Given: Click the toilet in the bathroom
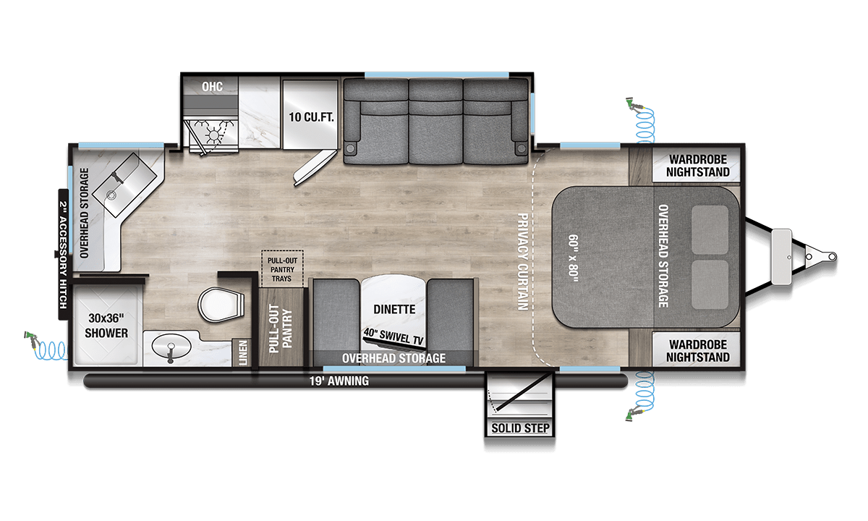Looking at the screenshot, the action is pos(221,305).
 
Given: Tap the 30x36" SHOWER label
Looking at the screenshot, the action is pos(106,326).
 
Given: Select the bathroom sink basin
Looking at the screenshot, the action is pos(171,346).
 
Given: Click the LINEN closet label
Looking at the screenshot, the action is pos(242,353).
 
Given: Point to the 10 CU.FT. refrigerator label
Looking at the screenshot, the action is pos(311,117).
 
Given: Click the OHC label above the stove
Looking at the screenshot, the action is pos(212,86).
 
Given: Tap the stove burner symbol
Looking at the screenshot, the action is pos(213,135).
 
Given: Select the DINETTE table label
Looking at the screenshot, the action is pos(394,309).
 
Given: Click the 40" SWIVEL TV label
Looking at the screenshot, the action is pos(393,336).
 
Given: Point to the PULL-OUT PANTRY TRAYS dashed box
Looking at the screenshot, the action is pos(282,269).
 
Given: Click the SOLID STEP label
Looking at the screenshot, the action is pos(520,428).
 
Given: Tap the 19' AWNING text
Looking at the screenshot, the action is pos(339,381).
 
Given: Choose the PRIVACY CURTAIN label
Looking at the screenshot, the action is pos(523,262).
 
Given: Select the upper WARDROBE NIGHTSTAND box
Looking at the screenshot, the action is pos(697,165).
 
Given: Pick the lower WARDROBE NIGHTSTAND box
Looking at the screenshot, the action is pos(697,350).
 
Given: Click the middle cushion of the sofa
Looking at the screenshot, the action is pos(435,122).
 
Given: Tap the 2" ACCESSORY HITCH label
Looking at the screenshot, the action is pos(63,255).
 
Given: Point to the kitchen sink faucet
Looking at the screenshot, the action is pos(117,178).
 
